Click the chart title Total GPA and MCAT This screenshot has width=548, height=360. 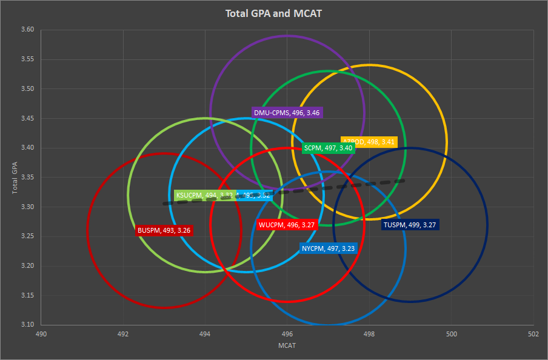click(x=274, y=13)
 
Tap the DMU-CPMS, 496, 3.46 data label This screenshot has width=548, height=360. click(x=287, y=113)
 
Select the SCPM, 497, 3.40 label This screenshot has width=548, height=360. click(x=327, y=148)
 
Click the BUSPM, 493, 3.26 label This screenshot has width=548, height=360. click(x=164, y=230)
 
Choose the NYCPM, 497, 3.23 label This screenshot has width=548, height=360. click(x=328, y=248)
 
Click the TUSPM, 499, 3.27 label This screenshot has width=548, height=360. click(x=410, y=225)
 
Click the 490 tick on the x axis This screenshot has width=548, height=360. click(x=41, y=334)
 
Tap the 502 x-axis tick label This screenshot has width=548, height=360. click(x=533, y=334)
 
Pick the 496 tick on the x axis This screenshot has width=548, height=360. click(x=287, y=334)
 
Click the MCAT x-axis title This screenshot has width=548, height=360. click(x=287, y=345)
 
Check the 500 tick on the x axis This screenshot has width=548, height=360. click(x=451, y=334)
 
